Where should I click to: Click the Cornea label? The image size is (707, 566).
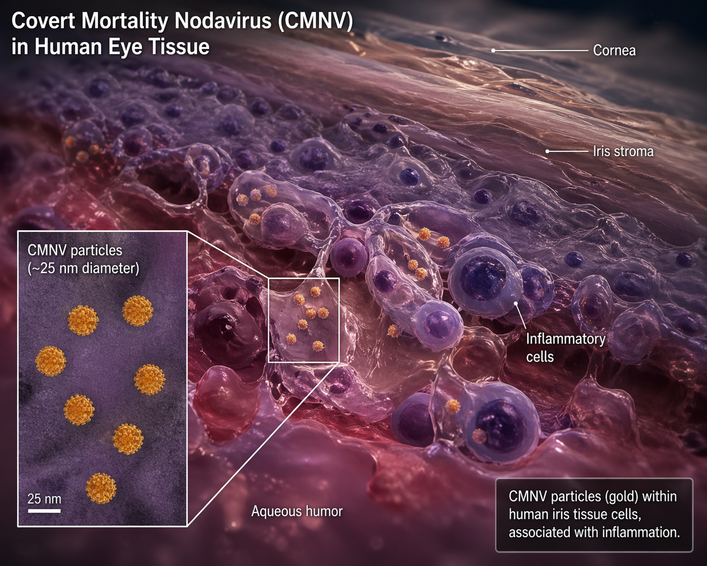[614, 50]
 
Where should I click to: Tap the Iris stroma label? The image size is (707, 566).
[623, 151]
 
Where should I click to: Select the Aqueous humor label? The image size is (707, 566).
[297, 511]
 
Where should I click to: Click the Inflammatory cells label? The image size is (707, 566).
[565, 348]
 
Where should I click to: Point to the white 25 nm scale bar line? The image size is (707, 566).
[44, 511]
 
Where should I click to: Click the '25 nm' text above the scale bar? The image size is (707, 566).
[44, 499]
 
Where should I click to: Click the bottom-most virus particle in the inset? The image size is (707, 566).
[101, 488]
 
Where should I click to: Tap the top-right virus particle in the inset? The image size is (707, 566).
[138, 310]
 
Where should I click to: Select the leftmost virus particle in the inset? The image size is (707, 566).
[50, 361]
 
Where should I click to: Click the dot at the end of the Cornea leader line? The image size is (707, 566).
[494, 50]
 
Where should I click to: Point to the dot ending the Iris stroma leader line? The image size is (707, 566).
[548, 151]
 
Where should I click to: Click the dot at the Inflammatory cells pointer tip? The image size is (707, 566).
[516, 304]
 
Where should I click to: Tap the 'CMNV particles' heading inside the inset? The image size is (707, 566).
[75, 250]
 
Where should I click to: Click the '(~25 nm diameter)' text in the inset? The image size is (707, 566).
[83, 268]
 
